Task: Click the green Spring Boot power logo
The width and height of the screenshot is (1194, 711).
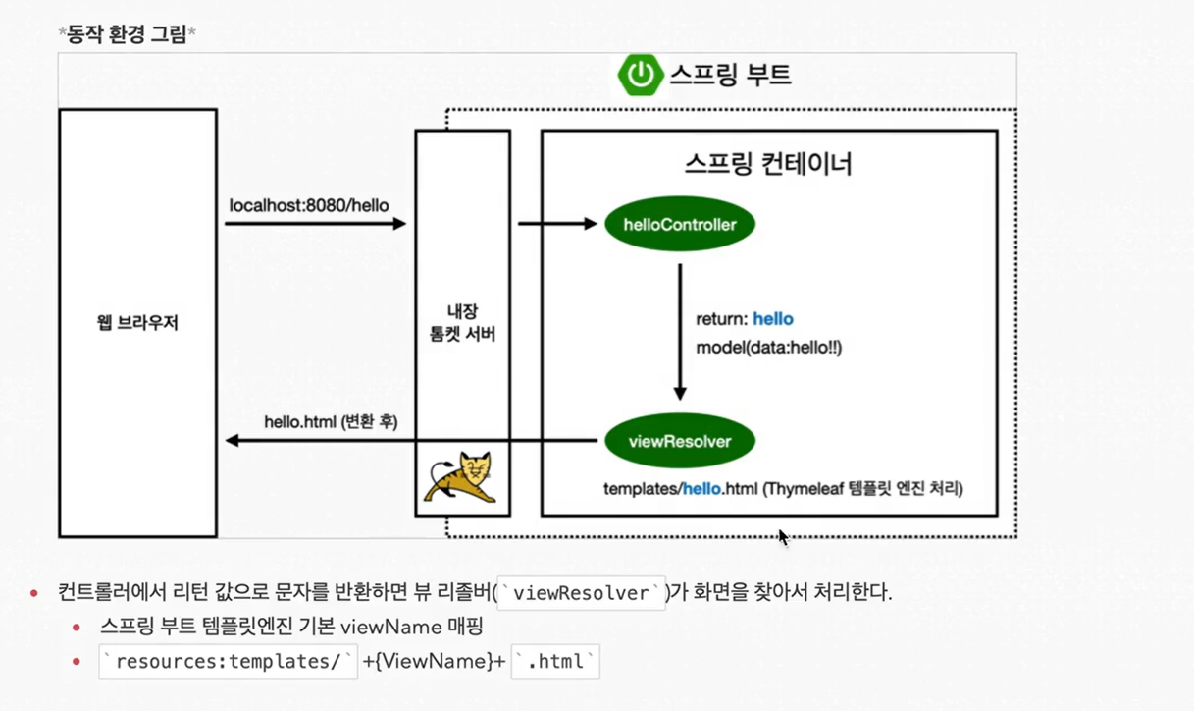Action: click(x=640, y=75)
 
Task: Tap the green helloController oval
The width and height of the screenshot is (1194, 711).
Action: click(x=680, y=225)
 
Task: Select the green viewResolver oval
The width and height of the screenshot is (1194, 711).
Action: click(x=680, y=441)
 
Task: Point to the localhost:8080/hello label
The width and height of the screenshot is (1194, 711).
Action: click(x=309, y=206)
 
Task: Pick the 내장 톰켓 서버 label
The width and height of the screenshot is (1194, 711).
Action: click(x=462, y=325)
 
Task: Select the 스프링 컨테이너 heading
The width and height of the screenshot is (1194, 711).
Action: click(x=768, y=163)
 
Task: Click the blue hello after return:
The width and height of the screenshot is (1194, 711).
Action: click(x=773, y=319)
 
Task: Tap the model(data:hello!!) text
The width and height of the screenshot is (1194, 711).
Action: click(x=769, y=348)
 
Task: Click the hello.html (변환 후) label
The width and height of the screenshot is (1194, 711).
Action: click(x=331, y=422)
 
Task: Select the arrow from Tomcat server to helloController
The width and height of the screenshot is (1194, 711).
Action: click(x=556, y=224)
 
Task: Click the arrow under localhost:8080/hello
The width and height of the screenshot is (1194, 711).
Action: click(x=315, y=224)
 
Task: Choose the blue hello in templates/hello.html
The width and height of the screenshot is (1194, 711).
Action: click(x=701, y=487)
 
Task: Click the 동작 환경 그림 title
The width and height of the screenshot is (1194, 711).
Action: click(x=128, y=34)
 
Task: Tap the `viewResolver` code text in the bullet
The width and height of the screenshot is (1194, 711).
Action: click(x=582, y=593)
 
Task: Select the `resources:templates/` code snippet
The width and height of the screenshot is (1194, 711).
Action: click(x=229, y=662)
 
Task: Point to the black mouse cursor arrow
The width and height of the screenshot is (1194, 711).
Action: click(x=783, y=536)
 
